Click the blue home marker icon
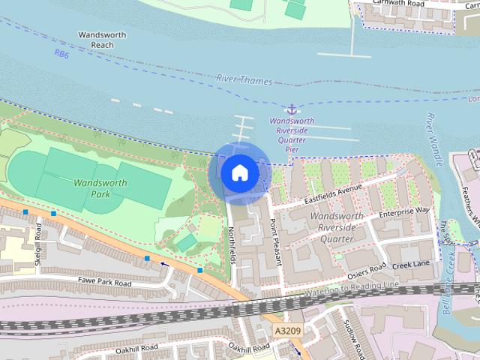pos(239,172)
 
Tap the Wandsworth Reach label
pos(96,40)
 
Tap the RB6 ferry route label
pos(61,54)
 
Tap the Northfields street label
pos(233,247)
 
